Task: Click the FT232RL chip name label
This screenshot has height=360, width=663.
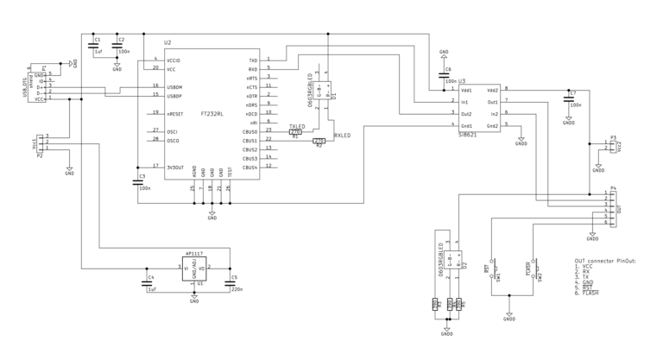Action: tap(212, 113)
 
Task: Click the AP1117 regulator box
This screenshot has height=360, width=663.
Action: tap(194, 269)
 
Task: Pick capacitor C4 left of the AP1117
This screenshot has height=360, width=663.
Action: tap(146, 282)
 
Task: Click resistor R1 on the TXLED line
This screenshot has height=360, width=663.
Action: tap(296, 132)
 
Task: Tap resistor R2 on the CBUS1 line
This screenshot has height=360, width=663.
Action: tap(319, 141)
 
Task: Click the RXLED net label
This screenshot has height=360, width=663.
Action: tap(343, 136)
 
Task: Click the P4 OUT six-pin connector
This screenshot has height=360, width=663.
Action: tap(613, 208)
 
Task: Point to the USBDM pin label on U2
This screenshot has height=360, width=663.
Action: tap(175, 85)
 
